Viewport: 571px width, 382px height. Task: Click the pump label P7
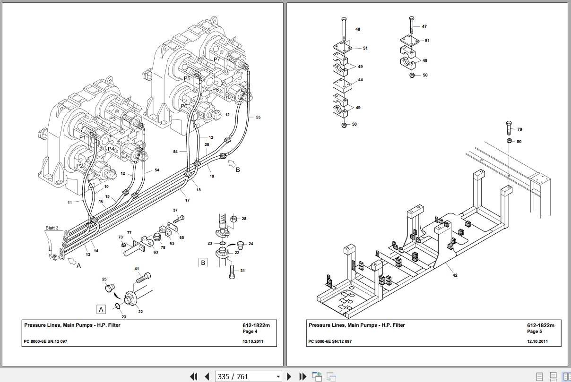click(x=216, y=59)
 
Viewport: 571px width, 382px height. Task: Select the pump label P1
click(x=82, y=137)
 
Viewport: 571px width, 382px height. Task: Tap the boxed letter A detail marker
click(x=101, y=309)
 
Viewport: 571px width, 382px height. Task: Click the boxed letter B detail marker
click(x=203, y=263)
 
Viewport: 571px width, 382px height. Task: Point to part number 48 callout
click(x=357, y=29)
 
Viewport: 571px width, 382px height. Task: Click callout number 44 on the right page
click(x=360, y=80)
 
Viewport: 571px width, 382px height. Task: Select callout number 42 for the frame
click(x=455, y=275)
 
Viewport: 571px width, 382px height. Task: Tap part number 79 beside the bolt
click(x=519, y=129)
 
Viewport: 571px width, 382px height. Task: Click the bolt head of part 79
click(x=508, y=124)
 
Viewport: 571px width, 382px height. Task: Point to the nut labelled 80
click(x=509, y=141)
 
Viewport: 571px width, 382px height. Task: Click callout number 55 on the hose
click(x=258, y=117)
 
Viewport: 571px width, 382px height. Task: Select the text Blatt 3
click(x=52, y=228)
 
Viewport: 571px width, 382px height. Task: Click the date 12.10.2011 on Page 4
click(x=253, y=341)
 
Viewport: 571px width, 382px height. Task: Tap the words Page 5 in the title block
click(x=535, y=331)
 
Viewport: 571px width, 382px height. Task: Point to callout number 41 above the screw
click(x=137, y=269)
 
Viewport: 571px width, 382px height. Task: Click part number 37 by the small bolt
click(x=175, y=210)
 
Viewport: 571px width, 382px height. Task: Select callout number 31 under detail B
click(x=242, y=271)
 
